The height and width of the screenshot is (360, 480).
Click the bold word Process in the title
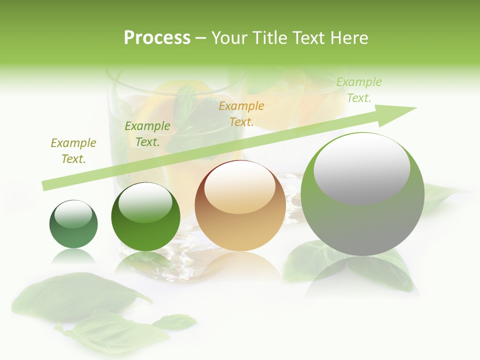157,38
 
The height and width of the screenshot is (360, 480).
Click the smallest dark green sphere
73,224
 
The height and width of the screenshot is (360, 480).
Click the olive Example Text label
73,151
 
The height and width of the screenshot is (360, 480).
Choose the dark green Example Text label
147,134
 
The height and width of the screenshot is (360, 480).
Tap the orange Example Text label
241,113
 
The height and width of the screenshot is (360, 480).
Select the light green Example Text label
358,90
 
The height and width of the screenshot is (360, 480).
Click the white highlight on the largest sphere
361,168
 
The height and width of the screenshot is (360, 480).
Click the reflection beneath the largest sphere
362,277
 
